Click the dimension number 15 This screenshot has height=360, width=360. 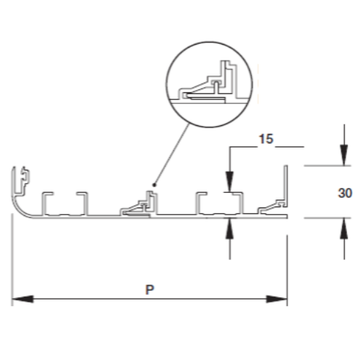266,139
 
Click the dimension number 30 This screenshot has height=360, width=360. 345,193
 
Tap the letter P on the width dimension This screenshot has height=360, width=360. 150,289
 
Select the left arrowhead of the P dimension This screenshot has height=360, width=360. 23,299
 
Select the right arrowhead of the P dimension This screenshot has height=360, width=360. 276,299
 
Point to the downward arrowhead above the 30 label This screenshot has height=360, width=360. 344,155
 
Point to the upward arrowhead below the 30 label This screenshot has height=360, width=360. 344,228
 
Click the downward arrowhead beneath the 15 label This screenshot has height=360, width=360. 230,181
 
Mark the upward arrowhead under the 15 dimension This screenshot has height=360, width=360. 230,228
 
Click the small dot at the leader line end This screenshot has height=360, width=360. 155,185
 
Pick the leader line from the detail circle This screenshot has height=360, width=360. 172,154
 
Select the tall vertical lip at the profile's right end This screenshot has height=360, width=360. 286,186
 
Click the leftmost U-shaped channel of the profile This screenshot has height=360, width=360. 64,204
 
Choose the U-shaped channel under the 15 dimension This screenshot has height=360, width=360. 219,203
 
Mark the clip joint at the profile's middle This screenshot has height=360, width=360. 139,204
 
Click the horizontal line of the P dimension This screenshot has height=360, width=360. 150,299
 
